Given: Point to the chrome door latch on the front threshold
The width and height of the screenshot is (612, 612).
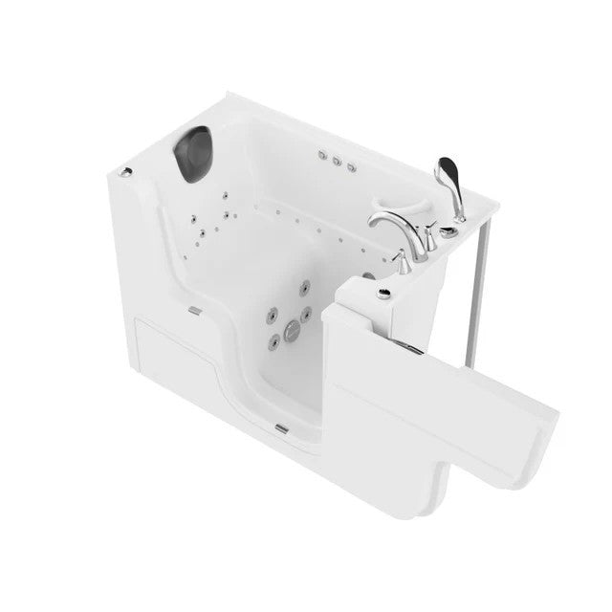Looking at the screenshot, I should [x=196, y=309].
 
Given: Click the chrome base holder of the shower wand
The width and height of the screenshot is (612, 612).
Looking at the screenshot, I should [x=449, y=215].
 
